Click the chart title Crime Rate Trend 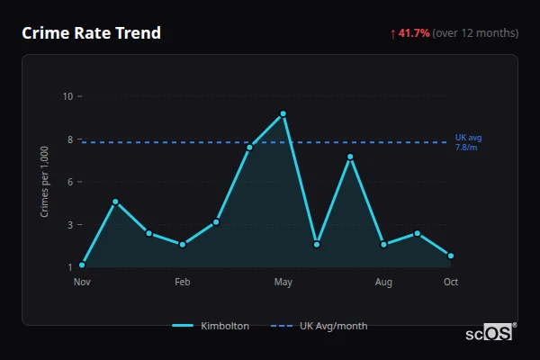91,33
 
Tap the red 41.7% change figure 414,33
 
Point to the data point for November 82,265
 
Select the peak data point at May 283,113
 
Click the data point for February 183,244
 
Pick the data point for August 384,244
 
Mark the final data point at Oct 451,256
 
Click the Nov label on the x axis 82,283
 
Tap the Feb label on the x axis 183,283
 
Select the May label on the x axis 283,283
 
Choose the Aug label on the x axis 384,283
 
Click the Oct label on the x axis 451,283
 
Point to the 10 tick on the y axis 67,96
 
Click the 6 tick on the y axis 70,182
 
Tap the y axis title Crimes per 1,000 44,182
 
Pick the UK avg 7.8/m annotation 468,142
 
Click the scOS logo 490,333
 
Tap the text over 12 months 475,33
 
